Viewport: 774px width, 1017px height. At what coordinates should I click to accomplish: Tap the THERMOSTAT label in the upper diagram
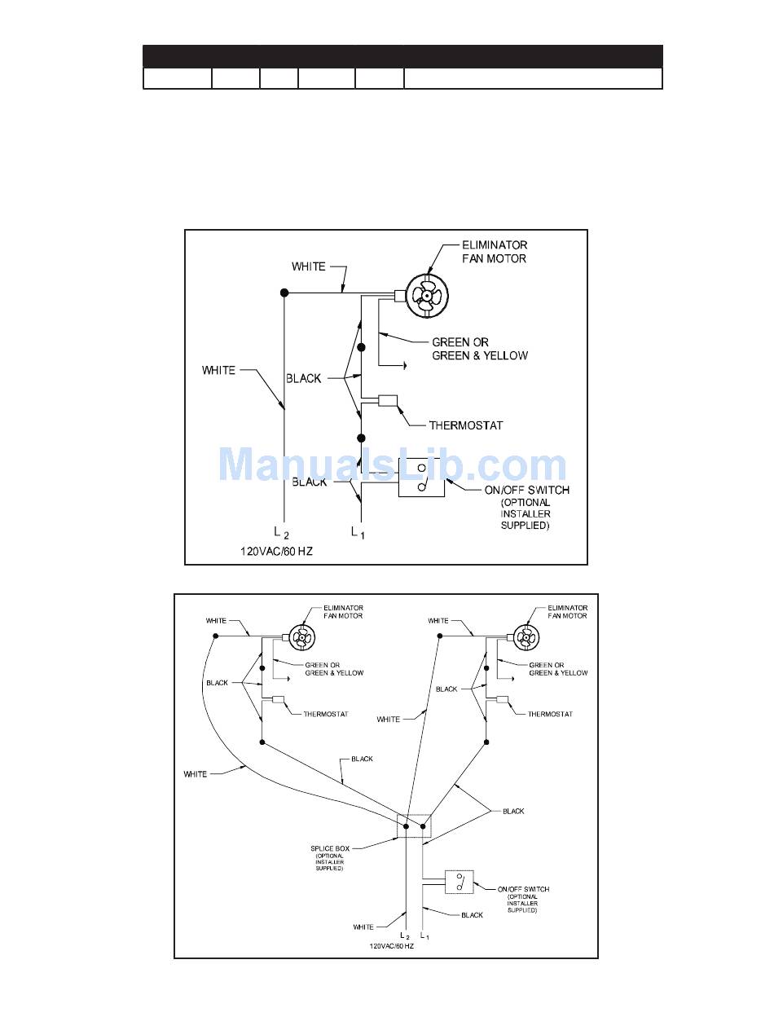click(466, 425)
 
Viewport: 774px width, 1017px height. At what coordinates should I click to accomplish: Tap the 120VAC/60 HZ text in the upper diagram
click(276, 552)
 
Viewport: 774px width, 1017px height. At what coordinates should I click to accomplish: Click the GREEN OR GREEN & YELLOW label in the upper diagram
click(479, 349)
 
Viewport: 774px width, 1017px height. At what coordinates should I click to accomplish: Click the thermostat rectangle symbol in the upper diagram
click(386, 400)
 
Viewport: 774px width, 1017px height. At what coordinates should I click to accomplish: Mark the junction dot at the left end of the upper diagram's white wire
click(284, 293)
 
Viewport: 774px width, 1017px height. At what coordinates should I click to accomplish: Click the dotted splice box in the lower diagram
click(413, 825)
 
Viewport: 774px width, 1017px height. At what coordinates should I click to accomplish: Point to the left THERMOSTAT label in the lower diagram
click(325, 714)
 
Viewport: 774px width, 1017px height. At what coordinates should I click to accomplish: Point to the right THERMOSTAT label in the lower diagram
click(550, 714)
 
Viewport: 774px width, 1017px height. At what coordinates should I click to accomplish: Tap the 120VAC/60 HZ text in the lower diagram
click(392, 946)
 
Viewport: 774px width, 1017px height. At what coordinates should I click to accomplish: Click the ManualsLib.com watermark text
click(393, 465)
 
